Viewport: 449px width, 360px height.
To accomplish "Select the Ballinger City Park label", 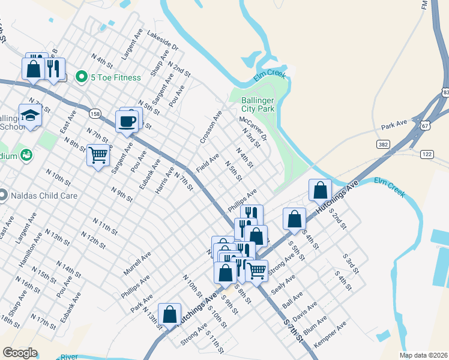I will (258, 104).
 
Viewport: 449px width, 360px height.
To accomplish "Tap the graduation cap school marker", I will (30, 115).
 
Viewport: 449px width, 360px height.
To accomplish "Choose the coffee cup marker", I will (128, 121).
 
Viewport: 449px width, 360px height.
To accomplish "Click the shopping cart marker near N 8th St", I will (98, 155).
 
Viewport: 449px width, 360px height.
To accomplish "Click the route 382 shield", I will (383, 145).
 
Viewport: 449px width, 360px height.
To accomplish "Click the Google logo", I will (20, 353).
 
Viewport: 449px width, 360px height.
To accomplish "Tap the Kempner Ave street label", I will (334, 332).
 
